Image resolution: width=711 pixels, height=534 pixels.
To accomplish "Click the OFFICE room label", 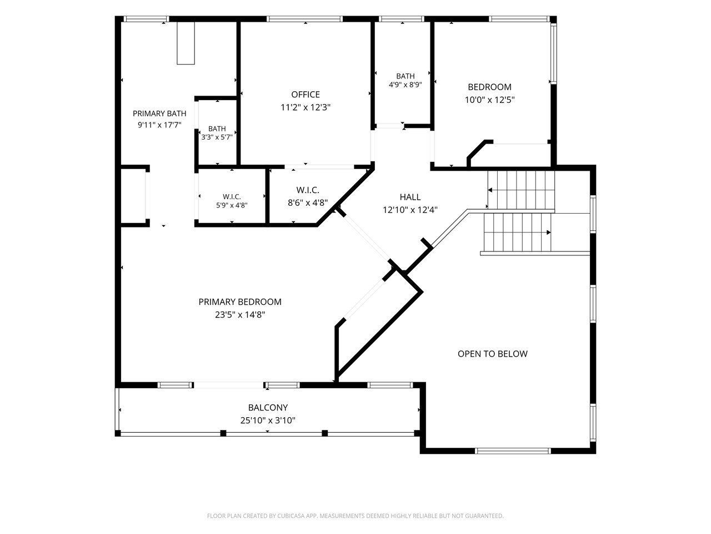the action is pos(305,95).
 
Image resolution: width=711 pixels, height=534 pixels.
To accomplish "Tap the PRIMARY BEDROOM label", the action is pos(240,302).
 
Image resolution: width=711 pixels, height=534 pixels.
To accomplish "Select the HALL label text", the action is pos(410,197).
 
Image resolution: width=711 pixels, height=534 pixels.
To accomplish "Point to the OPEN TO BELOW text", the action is pos(492,354).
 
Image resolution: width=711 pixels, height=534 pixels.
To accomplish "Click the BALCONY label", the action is pos(268,408).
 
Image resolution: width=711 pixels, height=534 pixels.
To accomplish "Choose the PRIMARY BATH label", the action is pos(159,113).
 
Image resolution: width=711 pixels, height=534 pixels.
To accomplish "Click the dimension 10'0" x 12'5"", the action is pos(489,100).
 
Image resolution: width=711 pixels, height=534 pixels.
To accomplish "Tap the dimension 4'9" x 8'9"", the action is pos(405,85).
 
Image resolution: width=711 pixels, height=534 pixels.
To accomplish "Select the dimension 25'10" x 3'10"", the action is pos(268,421).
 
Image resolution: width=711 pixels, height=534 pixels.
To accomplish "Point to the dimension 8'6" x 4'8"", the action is pos(308,202).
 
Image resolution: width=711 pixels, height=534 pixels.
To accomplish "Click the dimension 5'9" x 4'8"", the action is pos(232,205).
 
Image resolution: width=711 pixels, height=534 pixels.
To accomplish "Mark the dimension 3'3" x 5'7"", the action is pos(217,137).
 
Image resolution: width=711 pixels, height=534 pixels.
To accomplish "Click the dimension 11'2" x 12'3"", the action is pos(305,107).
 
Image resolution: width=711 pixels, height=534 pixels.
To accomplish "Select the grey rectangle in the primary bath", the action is pos(186,43).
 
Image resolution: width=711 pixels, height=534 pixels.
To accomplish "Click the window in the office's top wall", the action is pos(304,19).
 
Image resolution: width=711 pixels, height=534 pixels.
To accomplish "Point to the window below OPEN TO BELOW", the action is pos(513,451).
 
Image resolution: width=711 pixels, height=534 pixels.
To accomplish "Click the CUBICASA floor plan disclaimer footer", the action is pos(355,516).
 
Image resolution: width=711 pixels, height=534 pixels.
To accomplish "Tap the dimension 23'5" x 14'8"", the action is pos(240,315).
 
